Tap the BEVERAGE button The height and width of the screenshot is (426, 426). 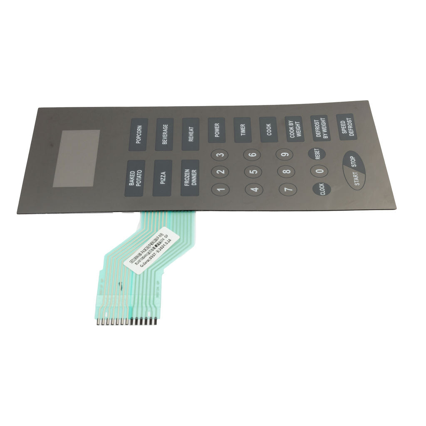pyautogui.click(x=164, y=134)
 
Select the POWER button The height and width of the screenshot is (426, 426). pyautogui.click(x=217, y=130)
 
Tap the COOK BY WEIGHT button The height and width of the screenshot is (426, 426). pyautogui.click(x=294, y=129)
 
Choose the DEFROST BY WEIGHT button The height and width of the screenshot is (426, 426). pyautogui.click(x=320, y=128)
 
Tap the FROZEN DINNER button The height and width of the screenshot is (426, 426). pyautogui.click(x=190, y=178)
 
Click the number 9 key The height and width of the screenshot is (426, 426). pyautogui.click(x=284, y=154)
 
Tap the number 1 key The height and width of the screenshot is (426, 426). pyautogui.click(x=220, y=189)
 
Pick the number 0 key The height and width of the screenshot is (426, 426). pyautogui.click(x=319, y=171)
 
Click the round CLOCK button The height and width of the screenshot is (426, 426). pyautogui.click(x=322, y=189)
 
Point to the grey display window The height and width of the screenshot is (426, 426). pyautogui.click(x=77, y=159)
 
